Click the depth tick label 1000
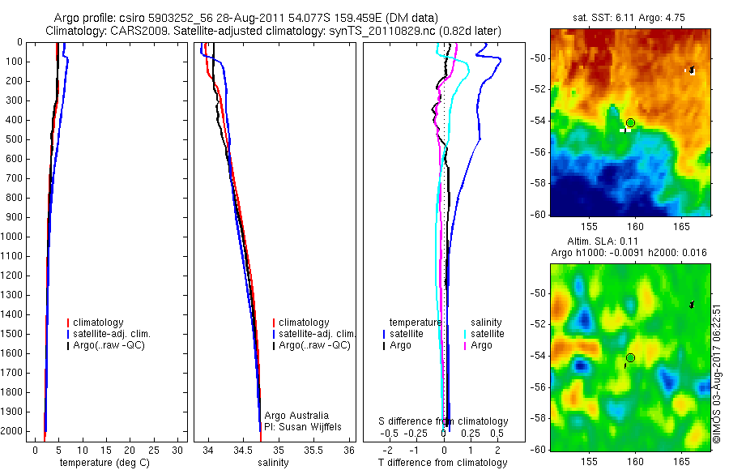coord(11,237)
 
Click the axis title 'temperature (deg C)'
coord(101,463)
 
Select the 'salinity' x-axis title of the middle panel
coord(273,463)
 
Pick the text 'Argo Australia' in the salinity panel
coord(296,416)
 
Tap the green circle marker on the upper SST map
coord(630,122)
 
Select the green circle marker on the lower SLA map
coord(630,357)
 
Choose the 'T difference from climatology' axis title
coord(442,463)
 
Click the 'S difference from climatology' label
coord(444,421)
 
